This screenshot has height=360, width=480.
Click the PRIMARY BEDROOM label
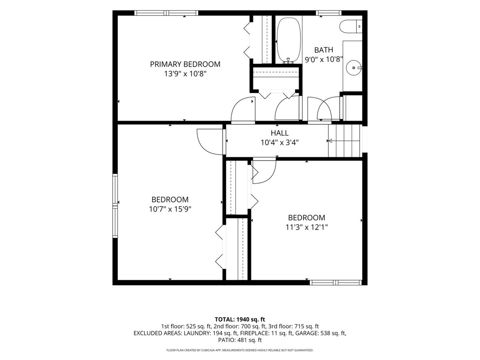(185, 64)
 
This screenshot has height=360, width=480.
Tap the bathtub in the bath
(289, 40)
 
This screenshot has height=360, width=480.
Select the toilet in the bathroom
(350, 27)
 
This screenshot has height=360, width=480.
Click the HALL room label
(280, 133)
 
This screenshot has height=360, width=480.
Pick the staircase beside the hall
(344, 141)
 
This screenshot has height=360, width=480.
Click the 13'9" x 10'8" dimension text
(185, 74)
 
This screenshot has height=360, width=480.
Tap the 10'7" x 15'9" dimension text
(170, 209)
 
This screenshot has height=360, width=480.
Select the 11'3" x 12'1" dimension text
(306, 227)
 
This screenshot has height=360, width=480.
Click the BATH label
(324, 50)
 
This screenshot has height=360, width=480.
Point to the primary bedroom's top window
(166, 13)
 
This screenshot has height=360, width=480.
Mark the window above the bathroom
(329, 13)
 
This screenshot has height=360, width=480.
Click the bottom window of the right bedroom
(336, 283)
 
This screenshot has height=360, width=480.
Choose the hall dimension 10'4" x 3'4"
(280, 142)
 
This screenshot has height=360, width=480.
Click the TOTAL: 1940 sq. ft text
(240, 320)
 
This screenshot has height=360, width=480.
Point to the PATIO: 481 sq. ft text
(240, 340)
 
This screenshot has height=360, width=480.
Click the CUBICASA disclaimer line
(240, 350)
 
